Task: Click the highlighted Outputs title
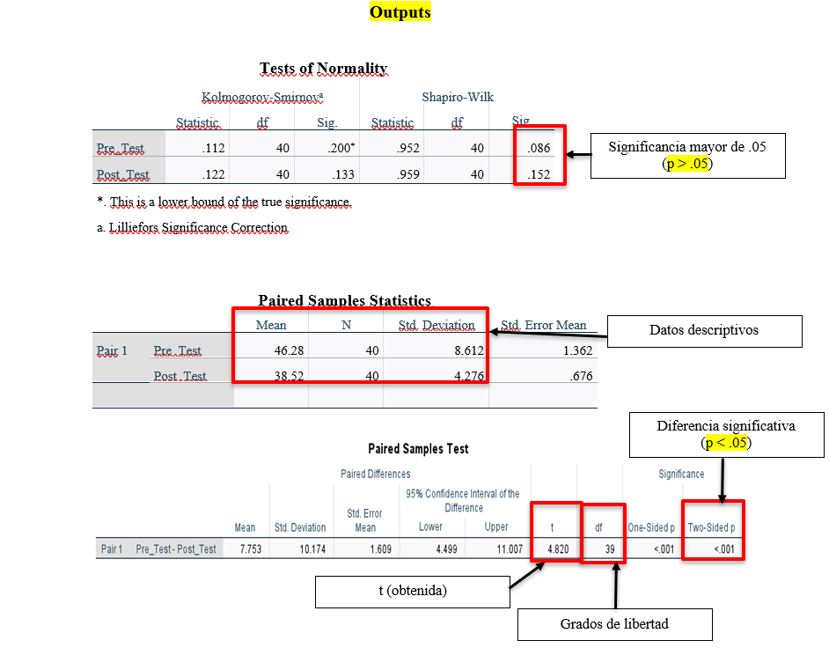click(x=400, y=11)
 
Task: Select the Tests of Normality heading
click(x=323, y=68)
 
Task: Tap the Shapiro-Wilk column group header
click(x=458, y=97)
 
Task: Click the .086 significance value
click(x=539, y=148)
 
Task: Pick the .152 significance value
click(x=539, y=174)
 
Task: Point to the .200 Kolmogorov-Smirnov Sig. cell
click(x=341, y=148)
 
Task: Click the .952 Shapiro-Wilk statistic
click(x=408, y=148)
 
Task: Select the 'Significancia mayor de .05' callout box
click(x=687, y=156)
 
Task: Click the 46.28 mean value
click(x=289, y=350)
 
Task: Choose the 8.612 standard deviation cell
click(x=469, y=350)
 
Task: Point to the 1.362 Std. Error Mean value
click(x=578, y=350)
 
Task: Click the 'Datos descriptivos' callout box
click(x=704, y=331)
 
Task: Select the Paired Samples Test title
click(x=418, y=449)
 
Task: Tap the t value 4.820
click(x=558, y=549)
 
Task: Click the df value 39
click(x=610, y=549)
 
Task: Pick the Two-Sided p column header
click(x=711, y=527)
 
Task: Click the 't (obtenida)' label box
click(x=413, y=592)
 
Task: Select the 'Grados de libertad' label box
click(x=614, y=624)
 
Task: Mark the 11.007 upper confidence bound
click(x=510, y=549)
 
